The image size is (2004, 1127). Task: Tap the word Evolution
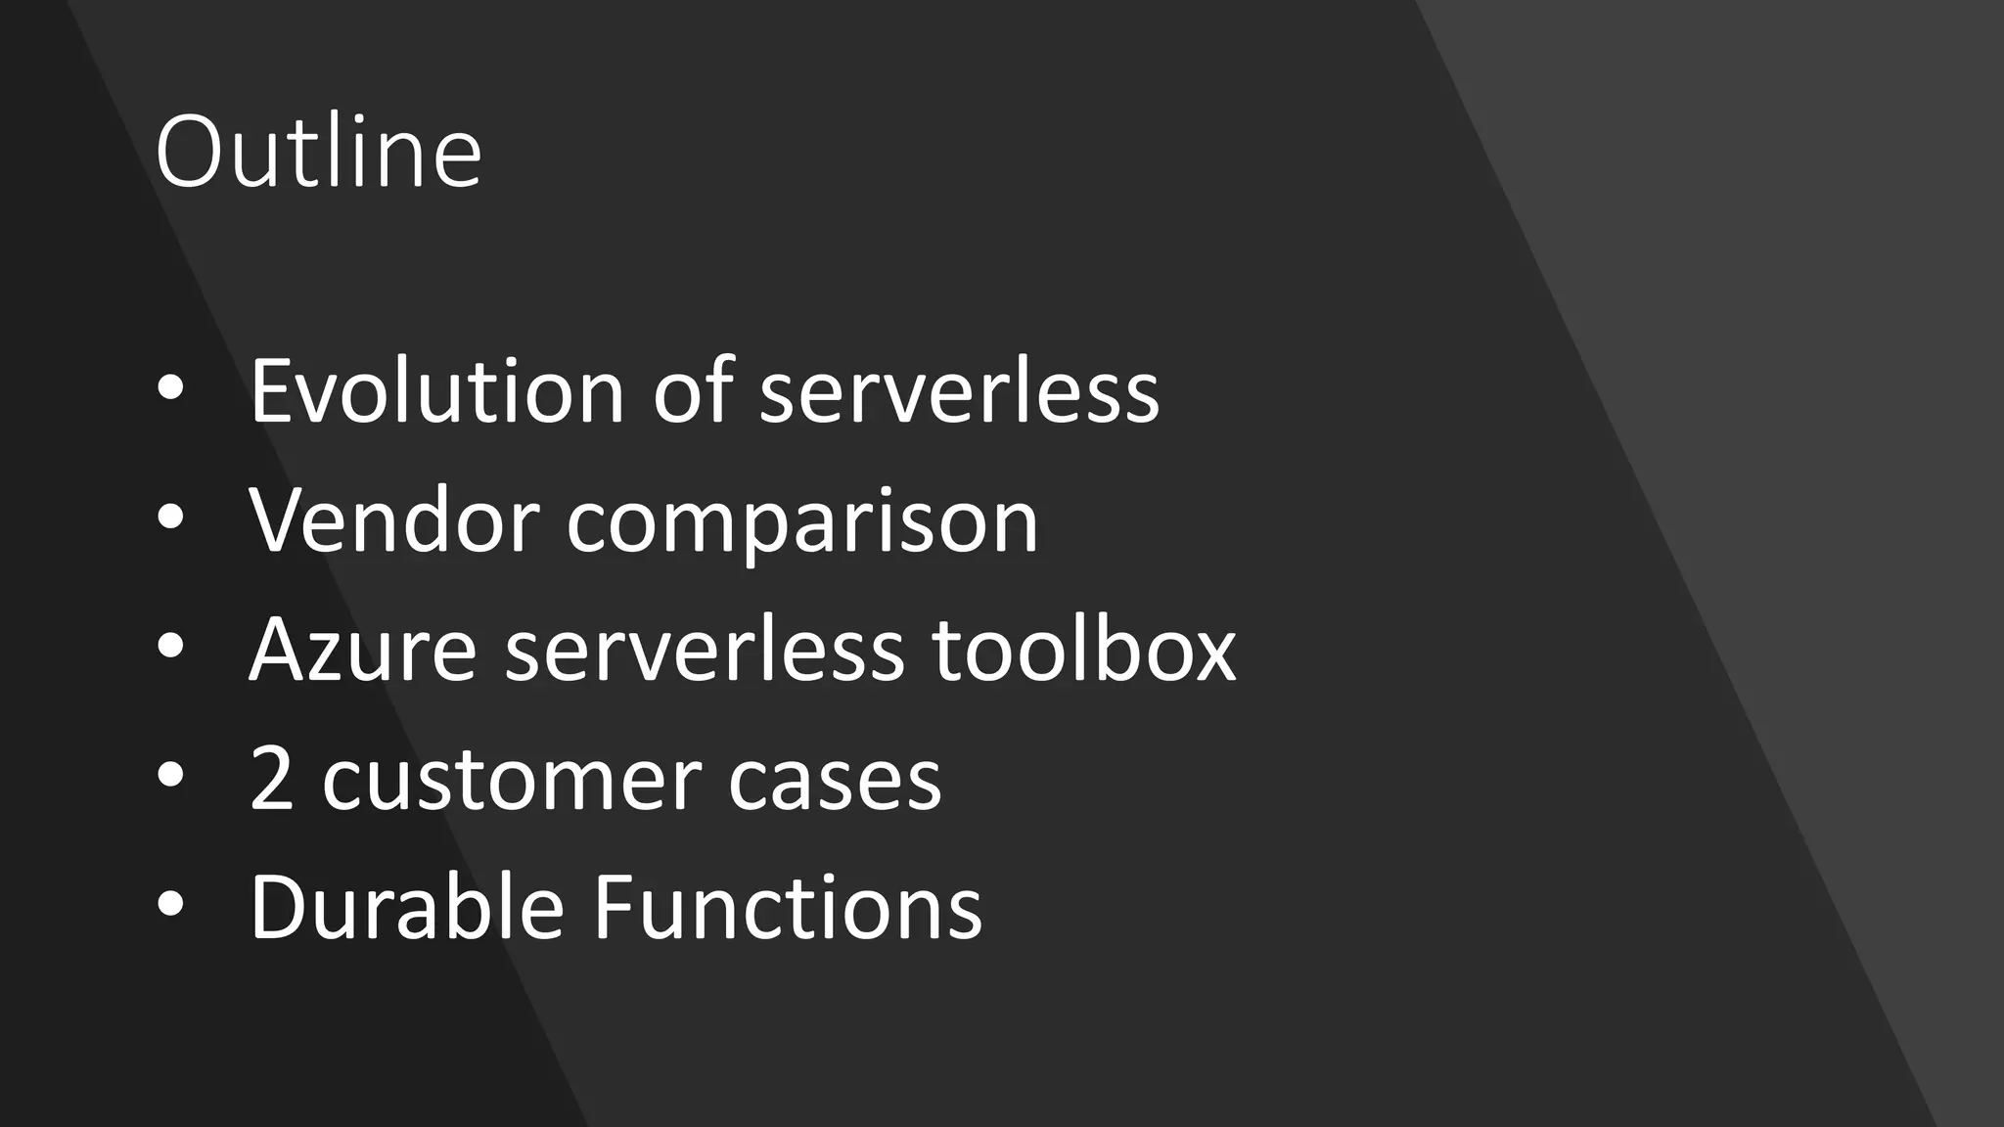[436, 391]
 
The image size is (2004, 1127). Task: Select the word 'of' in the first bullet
[693, 391]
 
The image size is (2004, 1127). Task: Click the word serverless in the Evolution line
[959, 391]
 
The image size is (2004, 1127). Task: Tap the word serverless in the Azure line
[705, 650]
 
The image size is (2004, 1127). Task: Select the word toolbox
[1084, 650]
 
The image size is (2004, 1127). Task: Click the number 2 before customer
[272, 779]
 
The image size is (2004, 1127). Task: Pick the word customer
[510, 781]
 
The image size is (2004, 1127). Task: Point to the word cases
[834, 781]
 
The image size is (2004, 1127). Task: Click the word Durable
[406, 907]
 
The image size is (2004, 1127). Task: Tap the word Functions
[788, 907]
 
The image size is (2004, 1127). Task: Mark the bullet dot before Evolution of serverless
[169, 389]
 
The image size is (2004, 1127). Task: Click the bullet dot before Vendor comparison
[169, 518]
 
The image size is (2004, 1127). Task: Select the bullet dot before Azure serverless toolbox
[169, 648]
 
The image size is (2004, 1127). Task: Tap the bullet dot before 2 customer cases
[169, 777]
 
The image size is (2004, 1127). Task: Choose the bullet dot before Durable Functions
[169, 906]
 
